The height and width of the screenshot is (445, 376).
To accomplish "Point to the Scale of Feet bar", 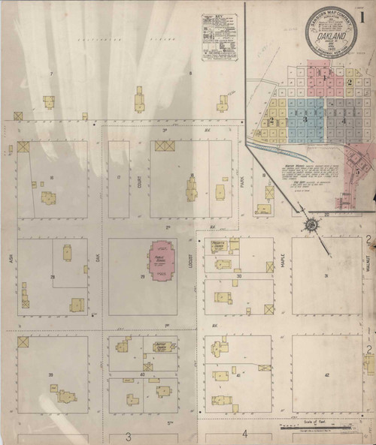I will point(314,428).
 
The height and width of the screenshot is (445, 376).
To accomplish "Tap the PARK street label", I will point(243,180).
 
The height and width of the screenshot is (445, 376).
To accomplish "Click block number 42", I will point(326,374).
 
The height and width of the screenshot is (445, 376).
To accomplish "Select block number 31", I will point(326,276).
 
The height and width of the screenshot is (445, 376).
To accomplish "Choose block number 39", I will point(51,374).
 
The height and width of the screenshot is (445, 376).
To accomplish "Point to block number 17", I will point(119,177).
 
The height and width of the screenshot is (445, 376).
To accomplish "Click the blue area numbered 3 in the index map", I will point(305,119).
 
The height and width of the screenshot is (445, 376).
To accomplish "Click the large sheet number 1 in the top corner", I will point(363,13).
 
